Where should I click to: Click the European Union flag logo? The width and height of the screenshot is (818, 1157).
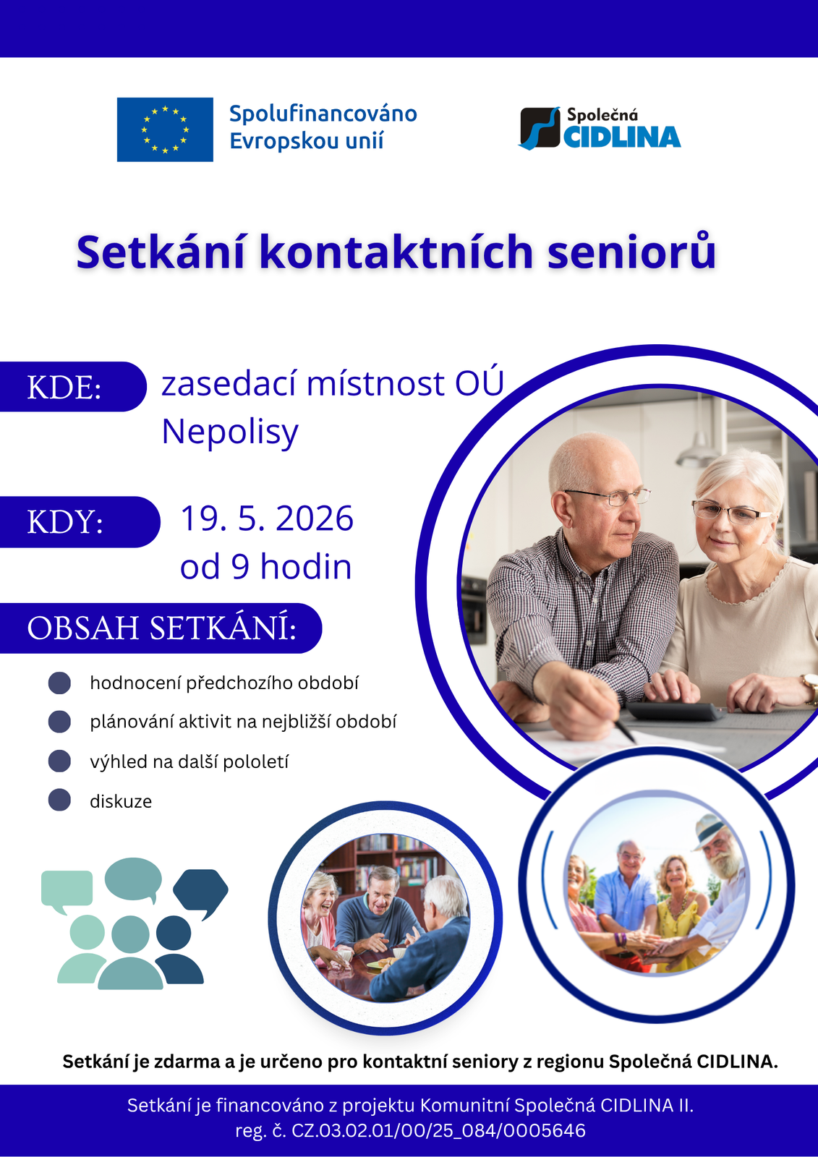tap(165, 129)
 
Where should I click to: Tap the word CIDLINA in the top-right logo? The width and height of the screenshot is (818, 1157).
tap(622, 137)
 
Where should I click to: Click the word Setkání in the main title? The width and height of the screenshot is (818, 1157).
tap(161, 252)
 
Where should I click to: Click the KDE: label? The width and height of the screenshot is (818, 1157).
tap(64, 387)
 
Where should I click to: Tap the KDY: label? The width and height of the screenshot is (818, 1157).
tap(65, 521)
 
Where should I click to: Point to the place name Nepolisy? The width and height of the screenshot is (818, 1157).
tap(230, 432)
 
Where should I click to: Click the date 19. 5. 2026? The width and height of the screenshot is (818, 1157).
tap(267, 518)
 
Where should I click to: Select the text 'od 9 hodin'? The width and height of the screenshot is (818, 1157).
tap(265, 567)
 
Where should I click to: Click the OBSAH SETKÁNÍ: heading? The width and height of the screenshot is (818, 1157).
tap(162, 628)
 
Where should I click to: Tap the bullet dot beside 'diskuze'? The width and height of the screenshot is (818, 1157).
tap(59, 800)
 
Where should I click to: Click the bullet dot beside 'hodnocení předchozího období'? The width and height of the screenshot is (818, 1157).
tap(59, 683)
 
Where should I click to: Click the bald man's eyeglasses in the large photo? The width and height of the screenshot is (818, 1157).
tap(608, 497)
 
